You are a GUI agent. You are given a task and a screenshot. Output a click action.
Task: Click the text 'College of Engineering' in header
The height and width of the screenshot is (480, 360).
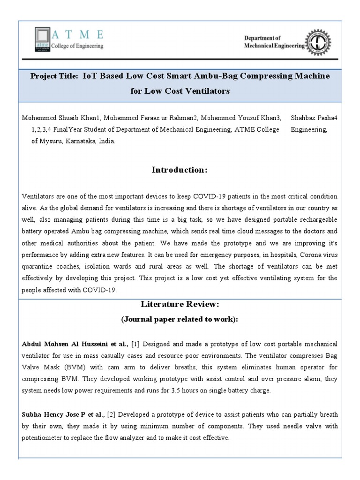[x=77, y=46]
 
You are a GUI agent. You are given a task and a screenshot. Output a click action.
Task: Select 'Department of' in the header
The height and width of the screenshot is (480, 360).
[x=262, y=38]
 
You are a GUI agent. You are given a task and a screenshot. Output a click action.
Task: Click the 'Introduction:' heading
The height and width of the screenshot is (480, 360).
[x=180, y=170]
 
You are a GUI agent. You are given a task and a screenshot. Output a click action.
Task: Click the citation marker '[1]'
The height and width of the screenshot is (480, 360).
[x=135, y=344]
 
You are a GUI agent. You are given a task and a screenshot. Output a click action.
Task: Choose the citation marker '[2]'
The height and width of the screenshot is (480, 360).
[x=112, y=415]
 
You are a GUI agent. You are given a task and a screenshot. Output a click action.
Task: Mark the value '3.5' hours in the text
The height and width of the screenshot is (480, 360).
[x=176, y=391]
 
